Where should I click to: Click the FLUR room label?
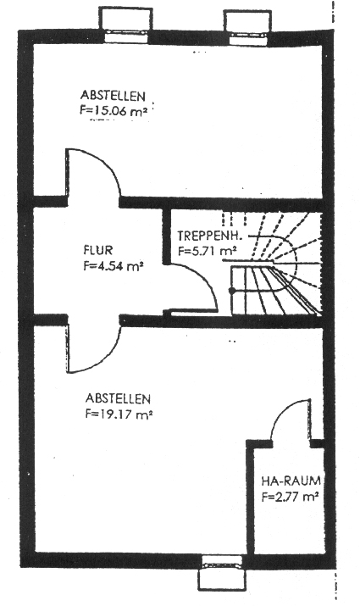[98, 250]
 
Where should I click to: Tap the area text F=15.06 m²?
[114, 111]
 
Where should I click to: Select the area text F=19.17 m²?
[119, 414]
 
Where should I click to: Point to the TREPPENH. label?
[209, 236]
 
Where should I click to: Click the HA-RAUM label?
[291, 481]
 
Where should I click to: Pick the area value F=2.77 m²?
[290, 497]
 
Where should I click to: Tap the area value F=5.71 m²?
[207, 251]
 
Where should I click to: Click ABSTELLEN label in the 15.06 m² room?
[113, 95]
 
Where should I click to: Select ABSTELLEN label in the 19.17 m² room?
[118, 398]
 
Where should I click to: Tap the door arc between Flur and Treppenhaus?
[206, 280]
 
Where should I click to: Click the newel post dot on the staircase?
[232, 290]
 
